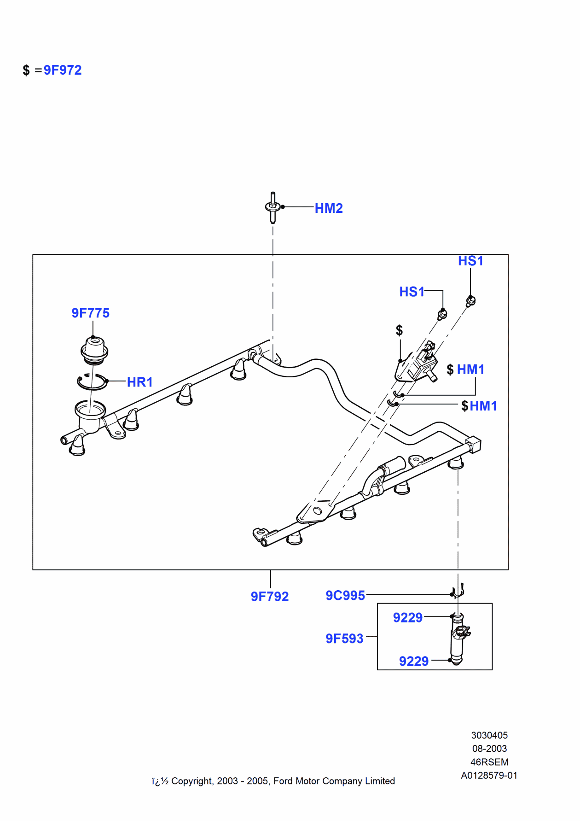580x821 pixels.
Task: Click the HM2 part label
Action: (x=329, y=208)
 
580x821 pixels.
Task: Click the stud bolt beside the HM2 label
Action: (x=273, y=207)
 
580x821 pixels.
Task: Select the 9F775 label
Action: (x=90, y=313)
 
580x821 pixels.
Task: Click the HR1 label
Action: (x=139, y=382)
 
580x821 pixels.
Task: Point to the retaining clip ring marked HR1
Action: (x=92, y=382)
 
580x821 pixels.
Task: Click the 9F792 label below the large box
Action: (x=270, y=597)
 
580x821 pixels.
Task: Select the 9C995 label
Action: (x=345, y=596)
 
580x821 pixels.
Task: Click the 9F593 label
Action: (x=344, y=639)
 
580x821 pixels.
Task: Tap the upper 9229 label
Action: (x=407, y=617)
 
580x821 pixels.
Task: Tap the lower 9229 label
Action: (x=414, y=661)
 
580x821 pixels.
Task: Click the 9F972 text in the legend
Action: (x=63, y=70)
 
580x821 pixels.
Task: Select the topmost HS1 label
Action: (x=470, y=261)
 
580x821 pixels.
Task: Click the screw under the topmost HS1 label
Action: (x=470, y=301)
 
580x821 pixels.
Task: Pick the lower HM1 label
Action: (x=483, y=406)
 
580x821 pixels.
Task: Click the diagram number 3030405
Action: (x=489, y=735)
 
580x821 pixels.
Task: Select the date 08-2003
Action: (x=489, y=749)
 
